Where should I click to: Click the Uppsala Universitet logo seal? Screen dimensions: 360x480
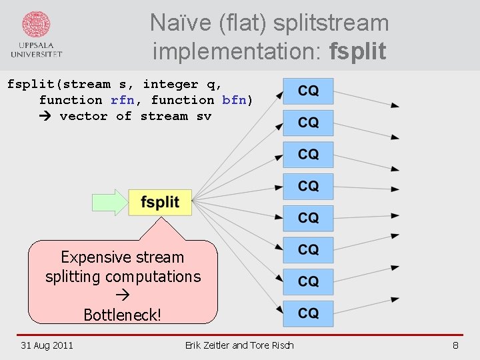point(36,25)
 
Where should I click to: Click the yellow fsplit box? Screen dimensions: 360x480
point(160,203)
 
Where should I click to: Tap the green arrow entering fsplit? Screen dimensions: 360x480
point(111,203)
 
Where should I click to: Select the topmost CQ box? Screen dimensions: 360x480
point(308,91)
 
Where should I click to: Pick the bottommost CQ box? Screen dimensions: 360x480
point(308,313)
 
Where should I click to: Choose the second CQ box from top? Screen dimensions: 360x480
point(308,123)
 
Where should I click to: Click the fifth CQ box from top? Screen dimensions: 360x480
point(308,218)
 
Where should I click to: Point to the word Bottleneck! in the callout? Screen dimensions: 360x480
point(123,314)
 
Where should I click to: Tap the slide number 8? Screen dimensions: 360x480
point(455,345)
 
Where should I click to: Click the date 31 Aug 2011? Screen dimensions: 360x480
point(47,345)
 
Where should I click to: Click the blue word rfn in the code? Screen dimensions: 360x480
point(122,100)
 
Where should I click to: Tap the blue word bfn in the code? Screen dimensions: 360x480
point(234,100)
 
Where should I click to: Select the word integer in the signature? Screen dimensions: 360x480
point(171,84)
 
